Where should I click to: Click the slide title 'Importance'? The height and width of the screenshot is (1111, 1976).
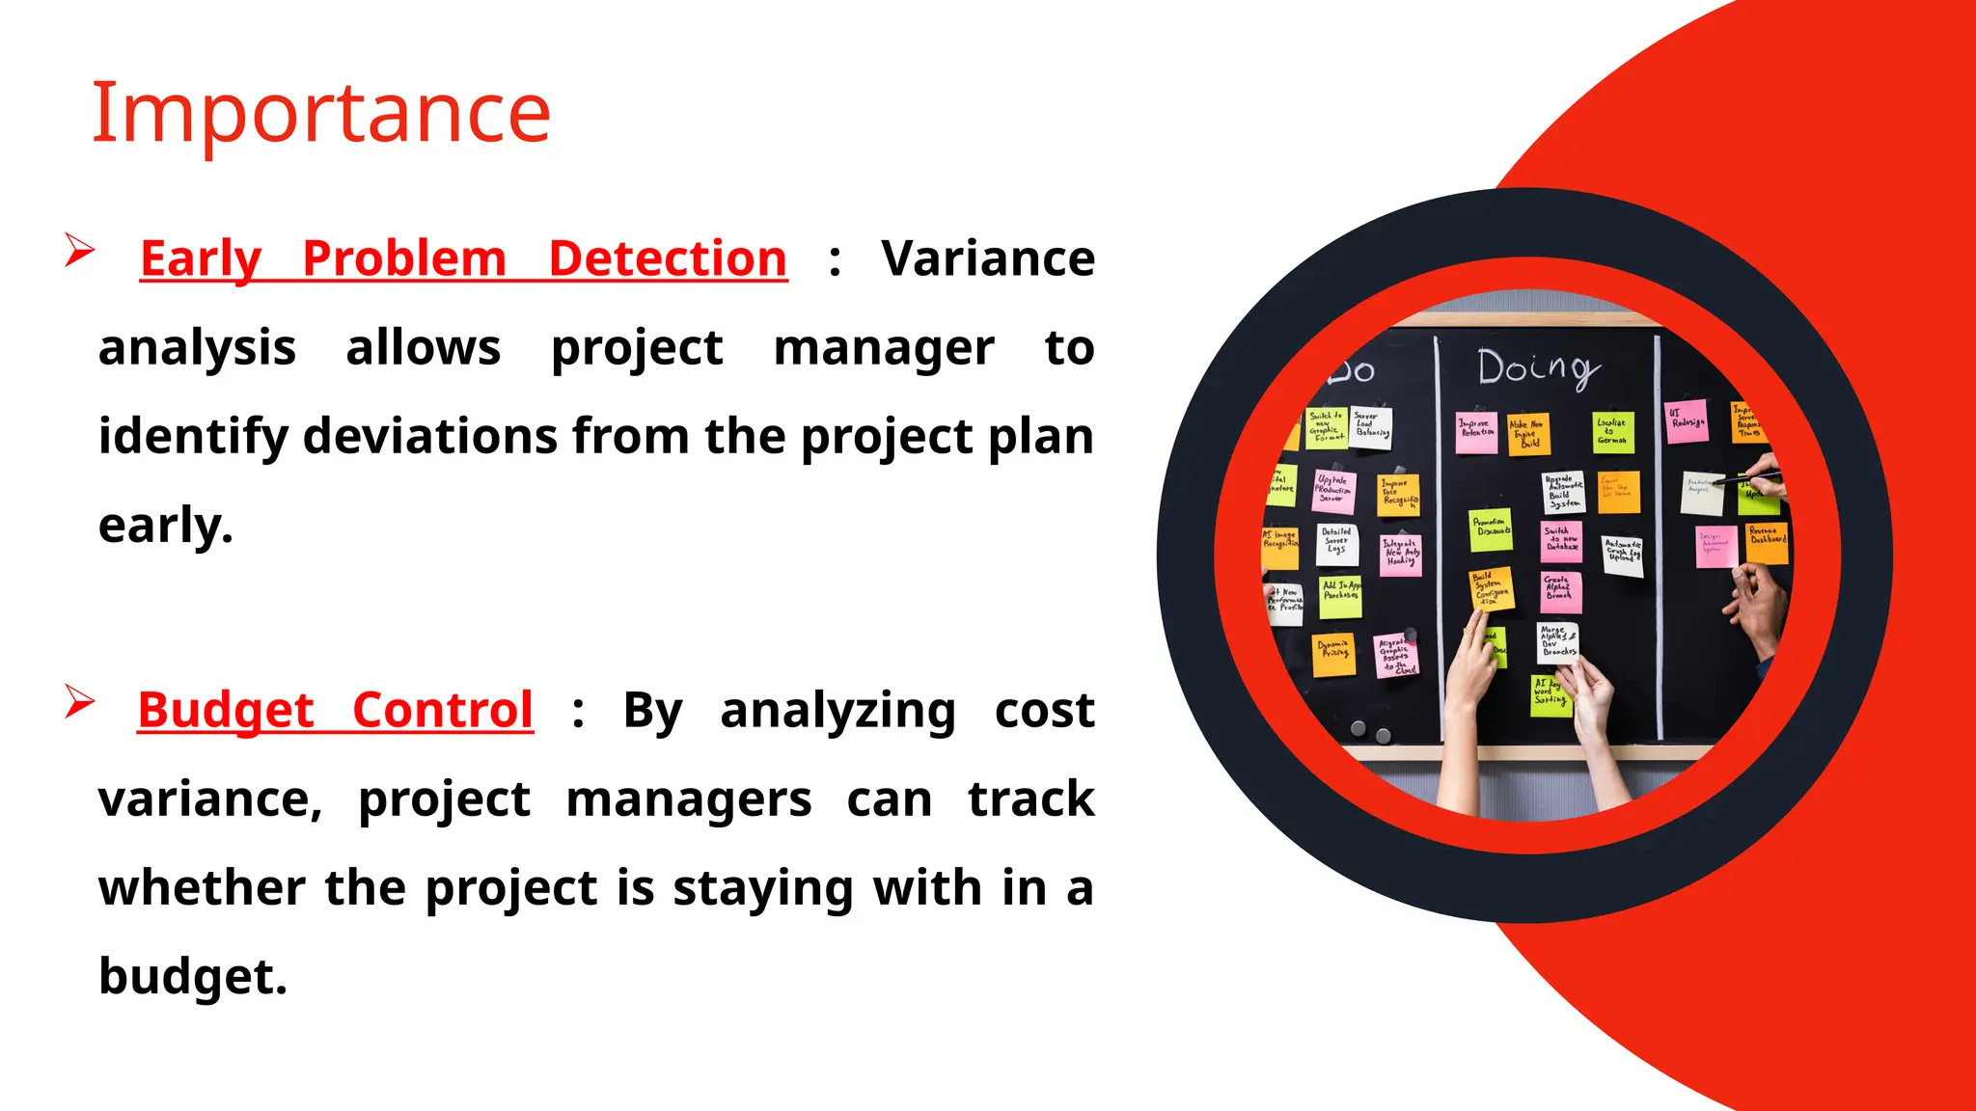(320, 113)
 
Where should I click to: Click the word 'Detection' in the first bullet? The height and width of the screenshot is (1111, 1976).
(668, 258)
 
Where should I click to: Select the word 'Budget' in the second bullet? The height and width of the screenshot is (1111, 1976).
(226, 710)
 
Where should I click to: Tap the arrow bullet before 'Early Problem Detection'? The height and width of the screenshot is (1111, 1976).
(79, 251)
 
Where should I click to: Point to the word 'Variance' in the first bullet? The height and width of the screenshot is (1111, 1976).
(987, 258)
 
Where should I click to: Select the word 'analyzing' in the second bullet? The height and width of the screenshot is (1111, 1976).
(837, 711)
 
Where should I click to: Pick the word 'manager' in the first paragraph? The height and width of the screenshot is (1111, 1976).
(883, 347)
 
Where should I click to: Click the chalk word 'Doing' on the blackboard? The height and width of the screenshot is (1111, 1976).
(1538, 369)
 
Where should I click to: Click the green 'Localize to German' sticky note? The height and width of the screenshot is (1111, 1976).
(1612, 431)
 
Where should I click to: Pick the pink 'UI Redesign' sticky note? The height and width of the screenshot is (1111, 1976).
(1687, 421)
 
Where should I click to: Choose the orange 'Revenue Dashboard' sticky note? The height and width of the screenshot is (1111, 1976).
(1768, 542)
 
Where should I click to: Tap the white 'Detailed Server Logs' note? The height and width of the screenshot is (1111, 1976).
(1337, 544)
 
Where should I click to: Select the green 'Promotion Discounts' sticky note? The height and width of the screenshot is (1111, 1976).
(1491, 529)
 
